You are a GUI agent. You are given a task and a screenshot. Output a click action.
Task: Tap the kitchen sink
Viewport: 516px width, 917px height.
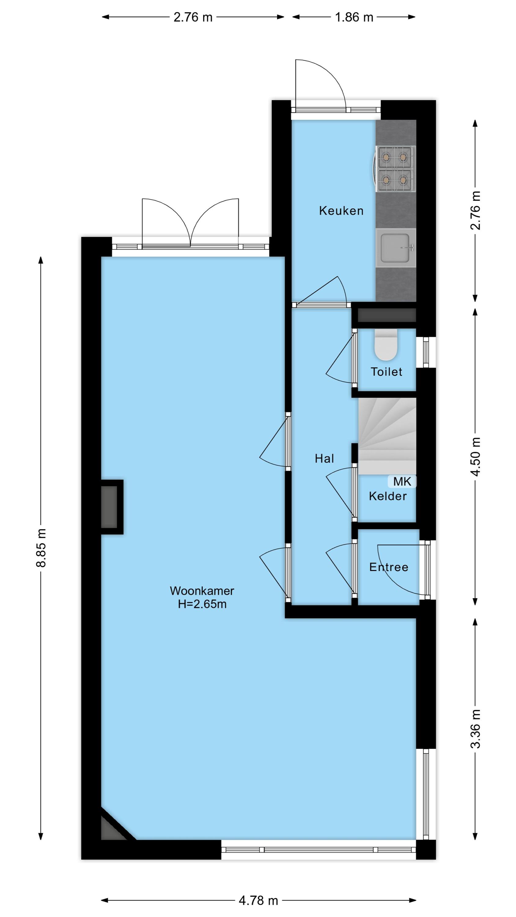pos(396,248)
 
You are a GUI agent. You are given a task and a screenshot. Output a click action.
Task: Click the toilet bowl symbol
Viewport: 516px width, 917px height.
pos(386,346)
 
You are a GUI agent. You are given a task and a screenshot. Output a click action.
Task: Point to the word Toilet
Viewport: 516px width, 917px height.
pos(386,372)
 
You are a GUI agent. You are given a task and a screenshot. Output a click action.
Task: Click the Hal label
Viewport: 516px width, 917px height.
pos(324,458)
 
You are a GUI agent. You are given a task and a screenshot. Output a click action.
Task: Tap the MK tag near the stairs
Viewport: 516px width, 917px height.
pos(402,482)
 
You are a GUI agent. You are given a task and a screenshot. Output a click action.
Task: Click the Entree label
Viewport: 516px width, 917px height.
pos(389,567)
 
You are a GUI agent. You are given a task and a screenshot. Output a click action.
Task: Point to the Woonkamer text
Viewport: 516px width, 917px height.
pos(202,591)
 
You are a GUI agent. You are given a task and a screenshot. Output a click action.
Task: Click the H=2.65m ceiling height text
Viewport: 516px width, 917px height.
pos(202,604)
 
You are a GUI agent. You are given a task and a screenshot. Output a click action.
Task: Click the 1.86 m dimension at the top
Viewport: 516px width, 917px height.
pos(354,17)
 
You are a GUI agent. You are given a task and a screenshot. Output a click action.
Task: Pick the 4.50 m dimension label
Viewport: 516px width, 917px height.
pos(476,457)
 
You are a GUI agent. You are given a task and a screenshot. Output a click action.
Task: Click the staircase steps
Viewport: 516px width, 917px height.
pos(387,436)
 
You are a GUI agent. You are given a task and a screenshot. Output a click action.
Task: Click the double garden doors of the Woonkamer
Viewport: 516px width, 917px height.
pos(190,228)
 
